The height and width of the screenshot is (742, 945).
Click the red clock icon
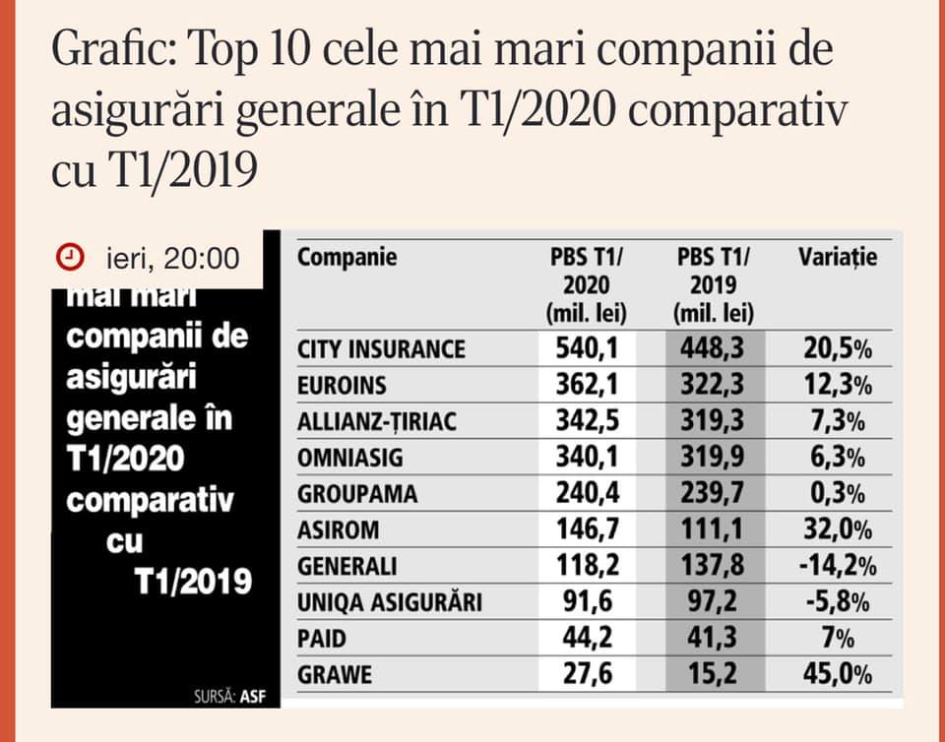click(70, 257)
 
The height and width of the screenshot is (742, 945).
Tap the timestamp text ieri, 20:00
click(173, 259)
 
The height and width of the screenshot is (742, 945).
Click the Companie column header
click(347, 257)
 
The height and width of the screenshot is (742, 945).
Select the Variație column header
click(837, 257)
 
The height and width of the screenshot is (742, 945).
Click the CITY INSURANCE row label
click(381, 349)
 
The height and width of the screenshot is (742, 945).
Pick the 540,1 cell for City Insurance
click(587, 348)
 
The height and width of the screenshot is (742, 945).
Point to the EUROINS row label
click(342, 386)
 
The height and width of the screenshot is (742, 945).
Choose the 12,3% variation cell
click(838, 385)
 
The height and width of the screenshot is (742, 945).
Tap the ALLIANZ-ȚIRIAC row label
click(377, 421)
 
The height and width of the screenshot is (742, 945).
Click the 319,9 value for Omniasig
click(713, 458)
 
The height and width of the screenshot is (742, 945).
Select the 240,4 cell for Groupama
click(587, 493)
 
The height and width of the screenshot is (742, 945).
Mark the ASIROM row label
click(338, 530)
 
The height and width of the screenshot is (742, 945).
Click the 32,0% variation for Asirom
click(838, 529)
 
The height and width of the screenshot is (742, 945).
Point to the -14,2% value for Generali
click(838, 566)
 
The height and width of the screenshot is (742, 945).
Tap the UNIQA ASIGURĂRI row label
click(390, 601)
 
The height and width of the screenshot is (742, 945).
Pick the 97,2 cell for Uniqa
click(713, 601)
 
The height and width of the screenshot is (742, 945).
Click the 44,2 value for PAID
click(587, 638)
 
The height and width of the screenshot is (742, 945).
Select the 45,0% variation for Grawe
click(838, 674)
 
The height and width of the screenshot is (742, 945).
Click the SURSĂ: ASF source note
click(229, 697)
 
